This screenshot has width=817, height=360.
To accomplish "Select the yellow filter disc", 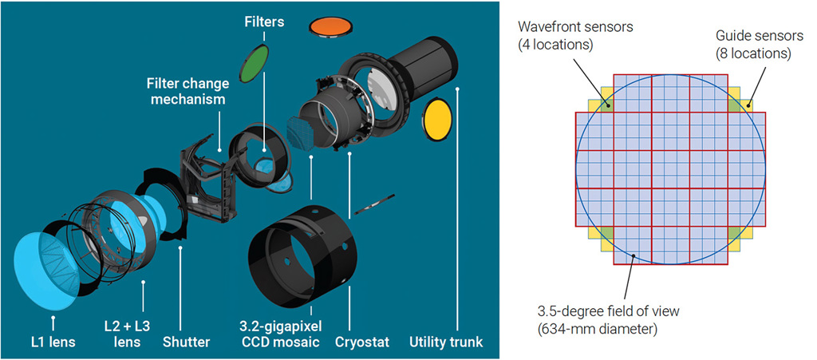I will click(x=436, y=118).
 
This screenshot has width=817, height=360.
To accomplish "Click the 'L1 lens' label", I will click(x=53, y=344).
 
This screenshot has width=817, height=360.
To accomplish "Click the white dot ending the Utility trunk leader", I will click(x=458, y=89).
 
